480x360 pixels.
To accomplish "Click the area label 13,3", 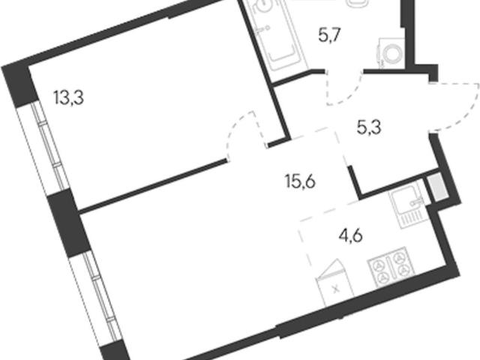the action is (68, 98).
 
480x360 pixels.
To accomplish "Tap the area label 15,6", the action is (300, 182).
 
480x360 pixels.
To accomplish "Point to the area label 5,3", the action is (369, 127).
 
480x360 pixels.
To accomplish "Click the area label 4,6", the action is (351, 235).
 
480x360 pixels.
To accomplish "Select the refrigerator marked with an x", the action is (334, 283).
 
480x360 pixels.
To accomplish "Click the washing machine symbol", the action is (391, 53).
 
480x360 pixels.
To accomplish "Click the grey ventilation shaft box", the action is (437, 187).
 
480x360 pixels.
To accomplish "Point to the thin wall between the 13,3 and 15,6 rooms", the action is (152, 185).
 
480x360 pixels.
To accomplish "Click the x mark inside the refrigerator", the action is (336, 288).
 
